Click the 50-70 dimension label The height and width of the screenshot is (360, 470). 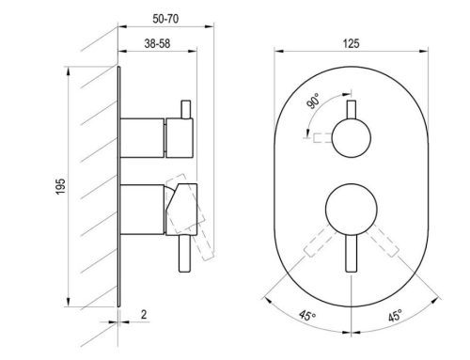(165, 19)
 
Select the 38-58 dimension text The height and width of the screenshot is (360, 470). (157, 43)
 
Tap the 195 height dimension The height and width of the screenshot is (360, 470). (60, 186)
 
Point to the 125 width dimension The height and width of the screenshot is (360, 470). (351, 43)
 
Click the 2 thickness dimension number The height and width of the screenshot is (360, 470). (144, 314)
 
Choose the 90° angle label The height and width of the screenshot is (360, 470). (314, 101)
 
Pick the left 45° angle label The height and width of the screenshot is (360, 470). (307, 315)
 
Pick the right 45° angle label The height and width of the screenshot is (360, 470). (395, 315)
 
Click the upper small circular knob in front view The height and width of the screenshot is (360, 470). (352, 138)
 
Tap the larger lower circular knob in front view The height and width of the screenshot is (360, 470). (352, 210)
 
